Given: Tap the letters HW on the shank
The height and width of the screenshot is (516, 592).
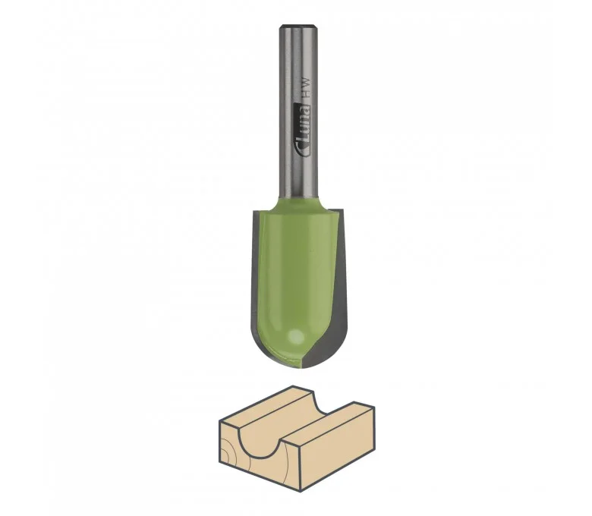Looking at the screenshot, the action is tap(306, 87).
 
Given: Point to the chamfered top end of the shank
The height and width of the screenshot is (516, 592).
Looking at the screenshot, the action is tap(298, 27).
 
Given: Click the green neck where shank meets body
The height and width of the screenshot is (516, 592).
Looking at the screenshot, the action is tap(298, 203).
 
